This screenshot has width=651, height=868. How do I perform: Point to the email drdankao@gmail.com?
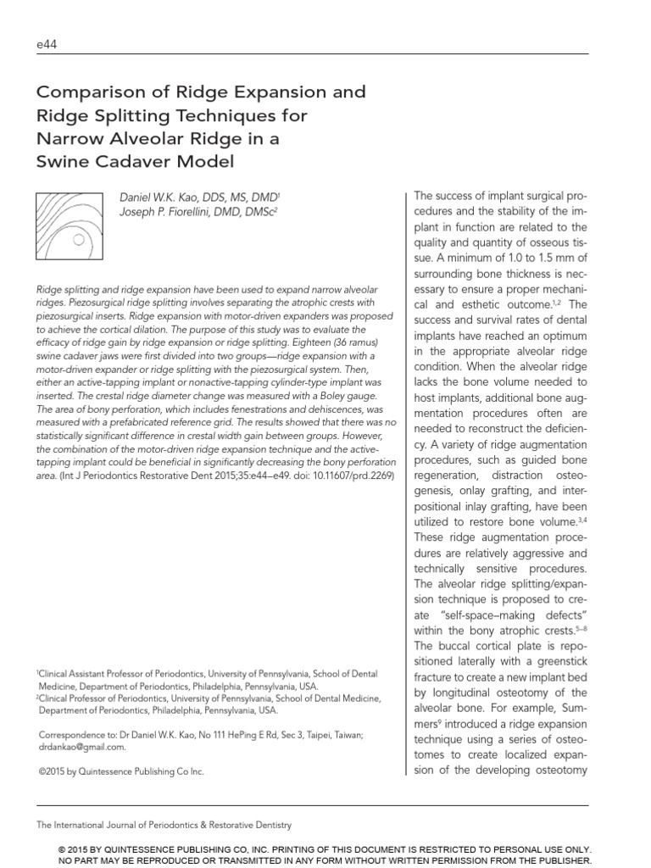click(81, 747)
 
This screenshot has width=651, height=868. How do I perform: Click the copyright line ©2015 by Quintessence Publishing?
click(121, 771)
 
